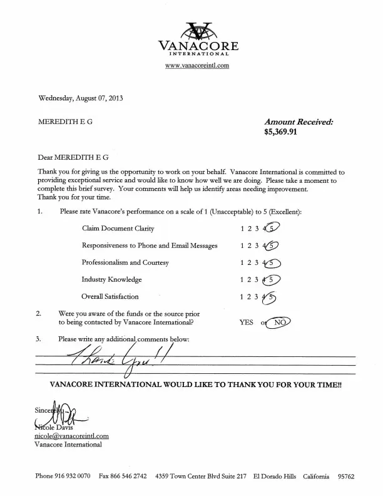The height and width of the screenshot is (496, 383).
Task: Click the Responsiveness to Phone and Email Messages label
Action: click(x=149, y=245)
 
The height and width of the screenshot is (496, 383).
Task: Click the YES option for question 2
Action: click(x=247, y=323)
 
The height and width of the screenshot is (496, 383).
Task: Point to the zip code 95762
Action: click(x=345, y=477)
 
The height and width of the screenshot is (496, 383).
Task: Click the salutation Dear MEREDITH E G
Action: click(x=74, y=158)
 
